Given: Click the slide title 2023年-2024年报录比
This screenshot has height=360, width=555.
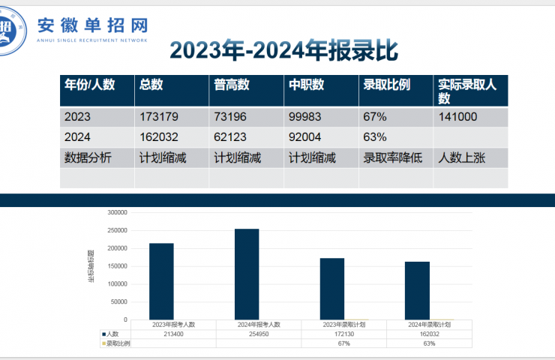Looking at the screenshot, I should point(283,50).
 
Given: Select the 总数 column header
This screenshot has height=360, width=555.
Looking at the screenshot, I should point(151,85).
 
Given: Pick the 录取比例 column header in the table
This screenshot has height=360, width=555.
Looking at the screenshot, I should point(386,85).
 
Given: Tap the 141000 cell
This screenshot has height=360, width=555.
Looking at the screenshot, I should point(458,117).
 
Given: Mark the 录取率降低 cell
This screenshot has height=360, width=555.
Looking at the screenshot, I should point(393,157).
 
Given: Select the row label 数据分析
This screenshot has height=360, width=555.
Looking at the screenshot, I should point(88,157).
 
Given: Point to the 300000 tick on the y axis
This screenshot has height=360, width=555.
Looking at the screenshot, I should point(118,212).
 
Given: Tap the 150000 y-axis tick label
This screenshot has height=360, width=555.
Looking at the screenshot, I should point(118,266).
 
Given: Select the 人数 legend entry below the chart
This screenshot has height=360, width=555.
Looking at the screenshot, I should point(112,334).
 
